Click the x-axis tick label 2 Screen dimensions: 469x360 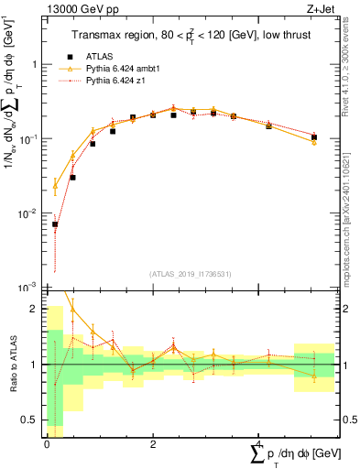pos(152,445)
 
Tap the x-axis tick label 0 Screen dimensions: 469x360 pos(47,445)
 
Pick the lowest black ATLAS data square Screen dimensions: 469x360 pos(55,224)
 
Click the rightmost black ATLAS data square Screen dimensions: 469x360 pos(314,137)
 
